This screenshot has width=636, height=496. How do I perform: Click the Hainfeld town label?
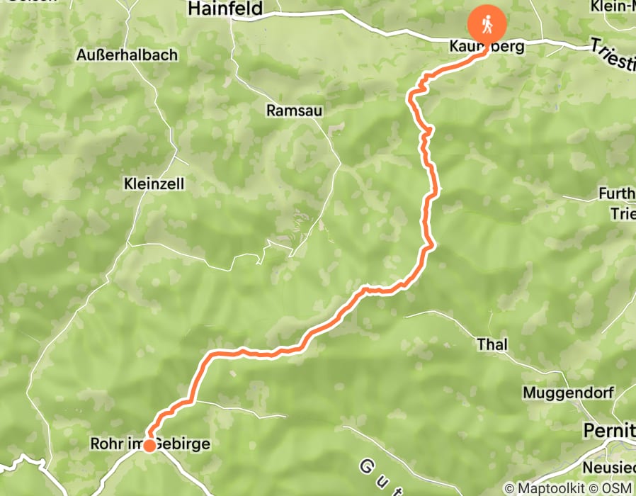point(225,9)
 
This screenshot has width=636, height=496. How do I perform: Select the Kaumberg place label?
point(486,47)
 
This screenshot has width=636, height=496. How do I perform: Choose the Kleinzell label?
point(154,184)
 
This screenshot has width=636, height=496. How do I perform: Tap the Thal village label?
point(492,344)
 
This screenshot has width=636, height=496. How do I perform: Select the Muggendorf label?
point(569,392)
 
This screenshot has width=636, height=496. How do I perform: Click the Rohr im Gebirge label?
point(150,444)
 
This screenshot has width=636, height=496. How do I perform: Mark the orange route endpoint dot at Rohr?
point(149,446)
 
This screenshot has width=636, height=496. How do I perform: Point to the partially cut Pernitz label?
point(608,430)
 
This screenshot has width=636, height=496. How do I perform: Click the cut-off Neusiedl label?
point(608,468)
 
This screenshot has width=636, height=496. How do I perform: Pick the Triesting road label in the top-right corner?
point(612,55)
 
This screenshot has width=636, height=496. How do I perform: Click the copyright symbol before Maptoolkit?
point(509,488)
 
